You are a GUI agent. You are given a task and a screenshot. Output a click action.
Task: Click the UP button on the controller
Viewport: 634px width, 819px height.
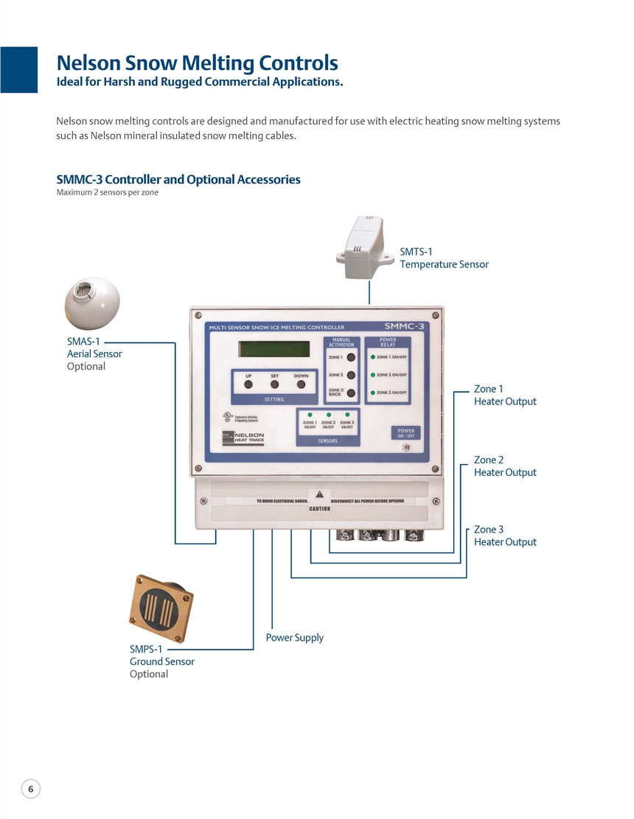tap(248, 384)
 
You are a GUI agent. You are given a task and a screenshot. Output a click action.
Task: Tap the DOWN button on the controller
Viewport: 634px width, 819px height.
tap(301, 384)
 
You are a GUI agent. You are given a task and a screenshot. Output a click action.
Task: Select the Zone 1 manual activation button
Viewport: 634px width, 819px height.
tap(351, 357)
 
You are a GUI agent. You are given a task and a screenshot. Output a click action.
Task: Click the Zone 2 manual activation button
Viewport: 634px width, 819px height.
tap(351, 375)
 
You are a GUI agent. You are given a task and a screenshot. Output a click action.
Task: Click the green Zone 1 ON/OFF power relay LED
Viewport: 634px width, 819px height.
tap(373, 357)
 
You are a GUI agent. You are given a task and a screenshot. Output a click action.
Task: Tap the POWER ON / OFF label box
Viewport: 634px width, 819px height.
tap(406, 433)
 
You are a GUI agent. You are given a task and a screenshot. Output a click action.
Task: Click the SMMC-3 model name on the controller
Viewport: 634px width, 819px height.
tap(403, 326)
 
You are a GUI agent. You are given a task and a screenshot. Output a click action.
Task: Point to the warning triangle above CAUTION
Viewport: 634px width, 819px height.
tap(319, 493)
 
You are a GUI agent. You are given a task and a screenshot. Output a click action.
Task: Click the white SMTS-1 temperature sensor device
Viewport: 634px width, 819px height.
tap(366, 247)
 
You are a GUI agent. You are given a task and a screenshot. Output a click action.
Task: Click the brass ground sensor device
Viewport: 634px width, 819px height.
tap(161, 608)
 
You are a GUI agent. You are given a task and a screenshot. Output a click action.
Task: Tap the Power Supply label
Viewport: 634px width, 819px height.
tap(295, 638)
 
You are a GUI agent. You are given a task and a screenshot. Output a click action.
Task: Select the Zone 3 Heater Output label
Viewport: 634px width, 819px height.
tap(505, 535)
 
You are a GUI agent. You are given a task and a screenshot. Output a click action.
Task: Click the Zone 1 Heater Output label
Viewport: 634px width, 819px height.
tap(505, 395)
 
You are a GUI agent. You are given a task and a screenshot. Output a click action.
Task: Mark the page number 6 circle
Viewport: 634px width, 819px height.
tap(30, 789)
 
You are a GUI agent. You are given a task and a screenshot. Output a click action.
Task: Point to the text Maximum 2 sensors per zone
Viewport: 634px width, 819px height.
tap(108, 193)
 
